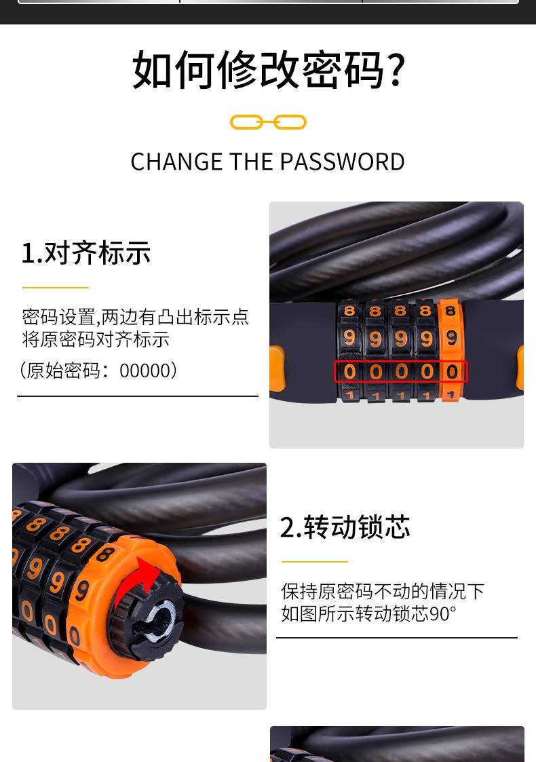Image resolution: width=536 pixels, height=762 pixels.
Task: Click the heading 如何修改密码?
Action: click(268, 70)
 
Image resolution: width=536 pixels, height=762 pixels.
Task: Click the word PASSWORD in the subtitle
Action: click(342, 161)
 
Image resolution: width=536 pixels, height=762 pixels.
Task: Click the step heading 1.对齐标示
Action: click(86, 253)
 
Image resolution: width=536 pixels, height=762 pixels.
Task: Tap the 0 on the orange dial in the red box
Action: click(452, 372)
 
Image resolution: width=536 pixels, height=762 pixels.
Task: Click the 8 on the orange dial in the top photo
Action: click(450, 311)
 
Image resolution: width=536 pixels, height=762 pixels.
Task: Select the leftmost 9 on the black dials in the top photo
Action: click(349, 337)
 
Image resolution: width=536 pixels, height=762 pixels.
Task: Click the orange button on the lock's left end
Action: click(277, 368)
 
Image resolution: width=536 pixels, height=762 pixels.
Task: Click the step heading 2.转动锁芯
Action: click(345, 527)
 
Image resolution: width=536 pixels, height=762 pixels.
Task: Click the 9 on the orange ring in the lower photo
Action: click(81, 590)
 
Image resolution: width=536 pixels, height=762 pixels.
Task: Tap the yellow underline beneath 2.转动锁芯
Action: click(314, 562)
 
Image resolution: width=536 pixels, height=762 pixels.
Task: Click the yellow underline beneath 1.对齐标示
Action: click(56, 288)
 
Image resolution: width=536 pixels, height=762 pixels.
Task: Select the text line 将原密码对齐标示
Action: click(96, 339)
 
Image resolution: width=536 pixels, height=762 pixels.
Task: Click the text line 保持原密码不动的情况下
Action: click(383, 592)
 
